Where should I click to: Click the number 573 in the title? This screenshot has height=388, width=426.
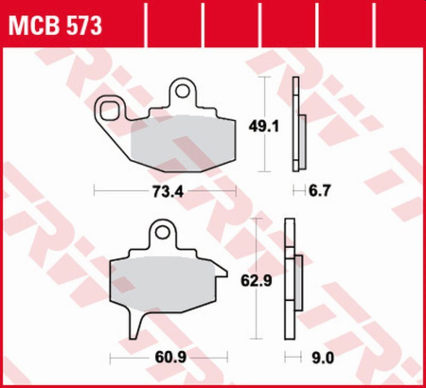83,22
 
